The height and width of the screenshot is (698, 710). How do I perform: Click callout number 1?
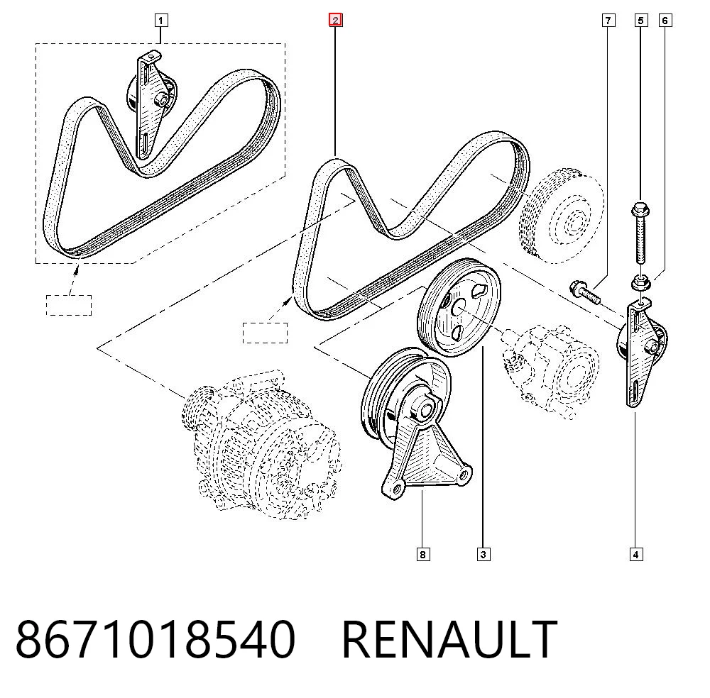[160, 21]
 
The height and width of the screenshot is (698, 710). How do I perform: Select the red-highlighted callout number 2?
[336, 21]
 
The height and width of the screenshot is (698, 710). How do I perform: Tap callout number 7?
[608, 21]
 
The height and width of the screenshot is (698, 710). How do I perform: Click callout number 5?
[640, 21]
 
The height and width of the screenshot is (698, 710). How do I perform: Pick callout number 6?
[665, 21]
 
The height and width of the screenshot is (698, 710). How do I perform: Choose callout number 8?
[422, 554]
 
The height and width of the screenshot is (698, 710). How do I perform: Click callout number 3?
[483, 554]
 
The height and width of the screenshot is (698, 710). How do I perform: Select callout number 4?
[635, 554]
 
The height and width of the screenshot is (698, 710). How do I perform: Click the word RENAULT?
[449, 639]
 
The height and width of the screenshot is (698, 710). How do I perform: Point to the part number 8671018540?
[155, 639]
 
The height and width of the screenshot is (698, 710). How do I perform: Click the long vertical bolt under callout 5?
[640, 233]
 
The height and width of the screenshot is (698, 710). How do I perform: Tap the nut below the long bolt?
[640, 283]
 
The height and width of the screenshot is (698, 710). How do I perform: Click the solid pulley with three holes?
[458, 307]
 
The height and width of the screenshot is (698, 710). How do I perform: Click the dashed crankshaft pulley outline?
[562, 216]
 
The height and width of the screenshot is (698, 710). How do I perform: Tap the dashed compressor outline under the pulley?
[551, 371]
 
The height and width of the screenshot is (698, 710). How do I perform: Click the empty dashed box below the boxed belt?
[69, 305]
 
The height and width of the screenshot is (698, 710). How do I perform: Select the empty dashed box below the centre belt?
[265, 333]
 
